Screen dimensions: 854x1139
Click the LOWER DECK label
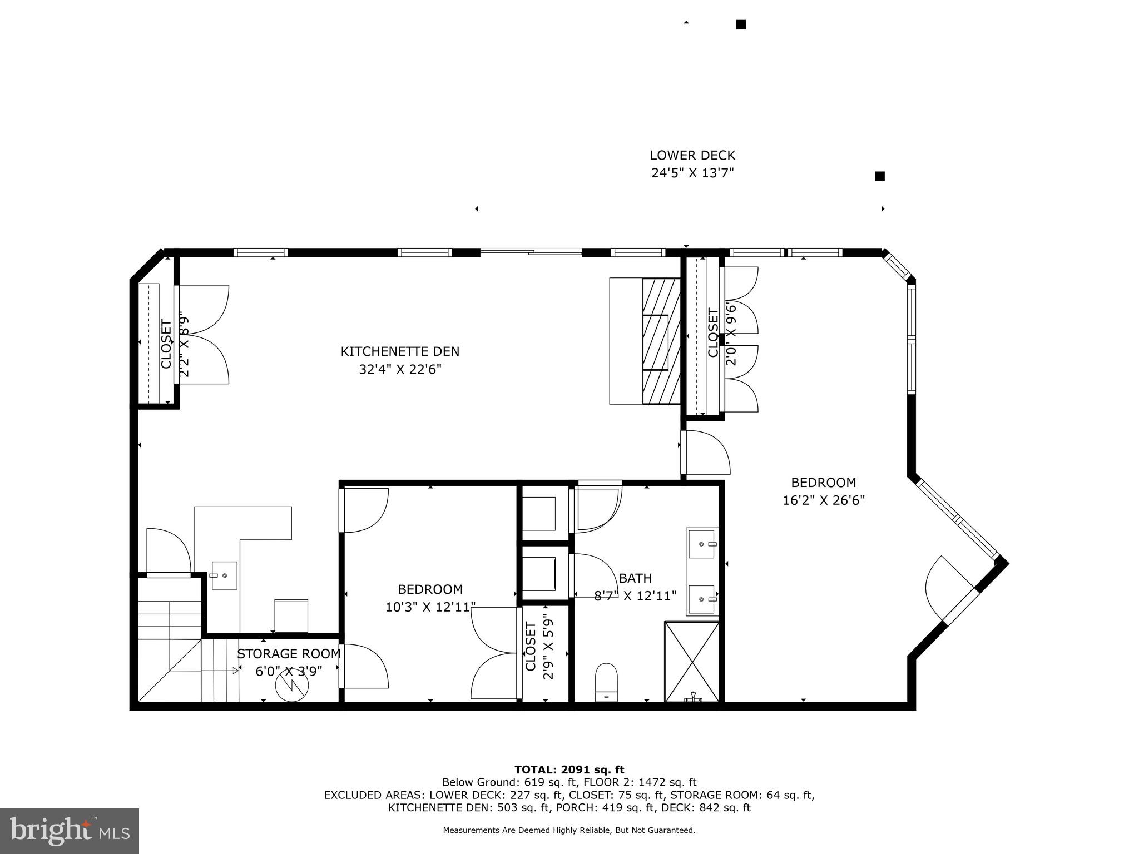point(692,156)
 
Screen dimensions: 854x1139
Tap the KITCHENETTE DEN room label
point(400,351)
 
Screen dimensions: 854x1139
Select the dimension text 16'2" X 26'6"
point(823,500)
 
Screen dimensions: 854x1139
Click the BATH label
point(635,578)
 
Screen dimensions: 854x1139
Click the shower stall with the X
point(692,662)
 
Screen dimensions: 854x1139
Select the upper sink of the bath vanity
point(702,543)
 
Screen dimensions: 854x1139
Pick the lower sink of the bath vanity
point(702,599)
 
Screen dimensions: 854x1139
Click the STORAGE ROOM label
point(289,654)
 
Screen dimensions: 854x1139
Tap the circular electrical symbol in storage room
point(291,686)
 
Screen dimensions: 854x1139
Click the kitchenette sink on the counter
point(224,575)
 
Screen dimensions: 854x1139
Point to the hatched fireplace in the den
point(661,341)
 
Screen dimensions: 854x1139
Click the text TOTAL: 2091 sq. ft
point(569,770)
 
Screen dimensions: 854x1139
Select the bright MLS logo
point(69,831)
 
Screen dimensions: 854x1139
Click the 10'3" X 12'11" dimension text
point(430,607)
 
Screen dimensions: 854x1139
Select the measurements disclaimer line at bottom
point(569,830)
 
